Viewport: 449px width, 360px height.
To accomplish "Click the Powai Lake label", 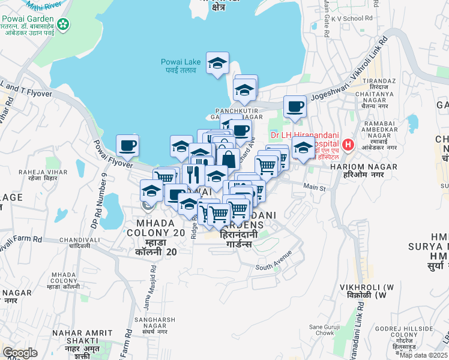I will pos(181,65).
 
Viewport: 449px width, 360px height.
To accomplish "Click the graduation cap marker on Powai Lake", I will pos(217,63).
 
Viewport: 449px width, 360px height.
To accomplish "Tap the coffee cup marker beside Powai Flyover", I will pos(128,146).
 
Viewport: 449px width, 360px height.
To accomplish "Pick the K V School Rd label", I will pos(351,19).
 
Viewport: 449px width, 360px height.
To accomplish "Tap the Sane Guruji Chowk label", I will pos(325,329).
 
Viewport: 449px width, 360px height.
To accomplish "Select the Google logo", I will pos(20,353).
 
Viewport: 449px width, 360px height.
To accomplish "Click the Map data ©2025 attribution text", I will pos(424,355).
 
